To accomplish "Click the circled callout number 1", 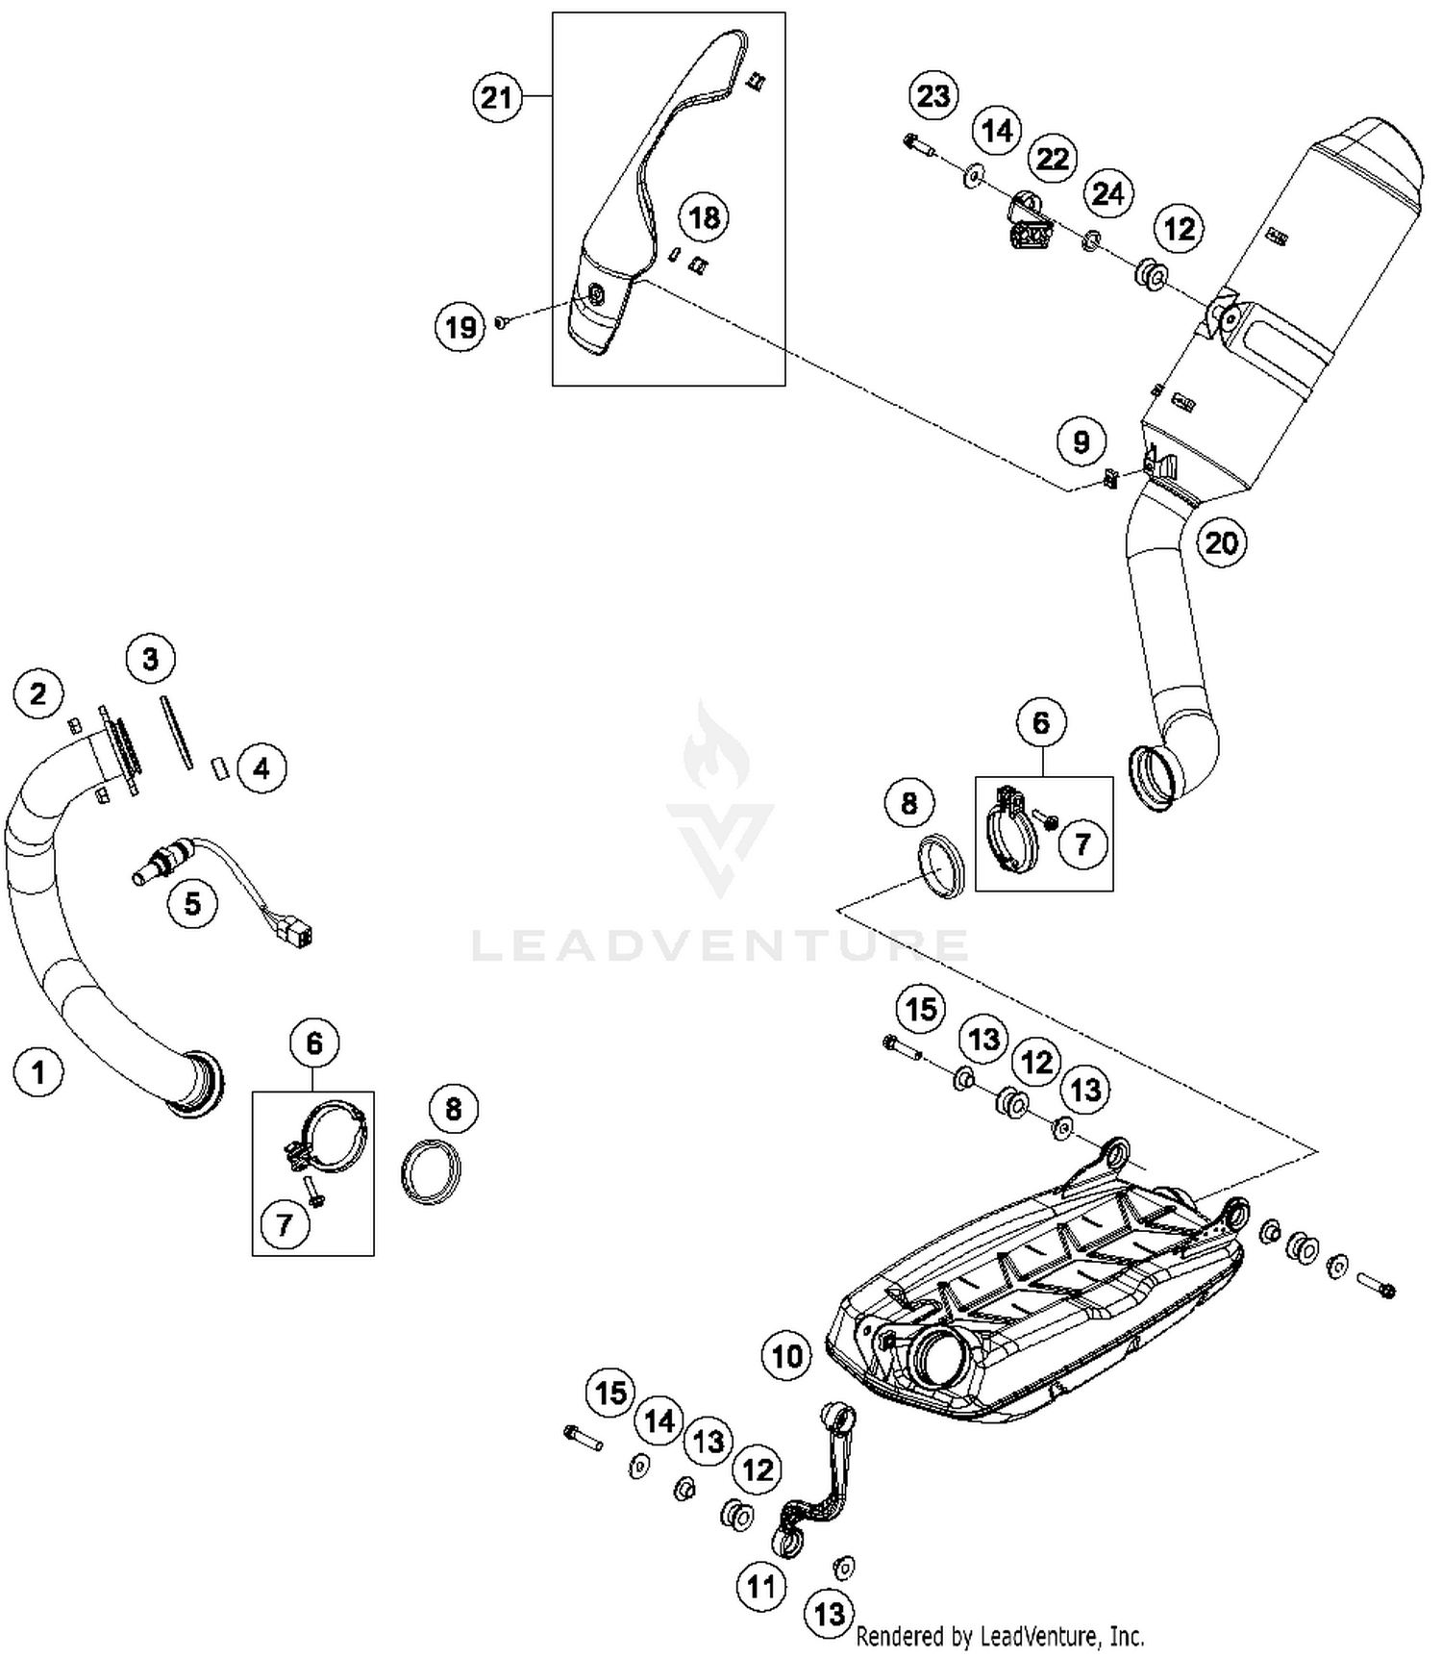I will [38, 1070].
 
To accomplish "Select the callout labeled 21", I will [497, 97].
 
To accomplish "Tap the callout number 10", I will [787, 1356].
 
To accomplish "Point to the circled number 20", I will [1221, 542].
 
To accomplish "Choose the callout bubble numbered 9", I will [1081, 441].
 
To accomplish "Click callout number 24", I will [1107, 193].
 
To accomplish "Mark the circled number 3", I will [151, 659].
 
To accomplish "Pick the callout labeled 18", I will [705, 217].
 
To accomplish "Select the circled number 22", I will [1053, 158].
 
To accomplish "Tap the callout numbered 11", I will [761, 1586].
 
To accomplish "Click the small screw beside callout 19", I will [501, 323].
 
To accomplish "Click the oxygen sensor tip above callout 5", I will [140, 875].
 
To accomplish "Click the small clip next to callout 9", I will [1109, 476].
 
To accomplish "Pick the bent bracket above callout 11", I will [817, 1481].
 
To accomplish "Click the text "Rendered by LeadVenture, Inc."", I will [1000, 1635].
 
